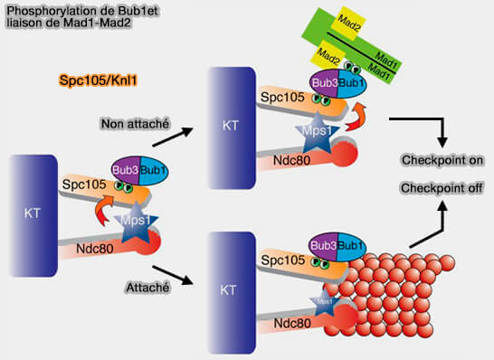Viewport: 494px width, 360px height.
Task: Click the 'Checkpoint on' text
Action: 442,160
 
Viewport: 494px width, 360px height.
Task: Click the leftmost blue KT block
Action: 32,213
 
